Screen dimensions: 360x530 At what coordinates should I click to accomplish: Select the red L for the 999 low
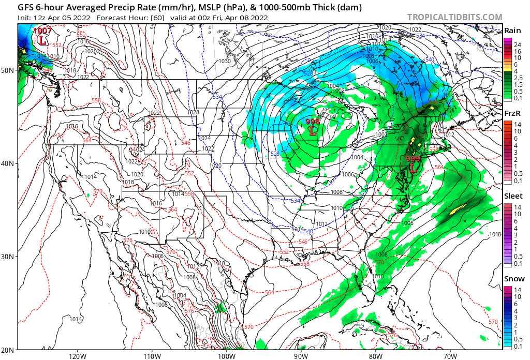413,168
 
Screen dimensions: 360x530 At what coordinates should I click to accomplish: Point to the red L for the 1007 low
41,39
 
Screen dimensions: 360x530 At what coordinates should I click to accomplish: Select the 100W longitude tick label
226,356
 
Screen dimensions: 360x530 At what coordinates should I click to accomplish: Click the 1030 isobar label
224,61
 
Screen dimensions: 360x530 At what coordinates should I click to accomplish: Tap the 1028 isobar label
193,112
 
